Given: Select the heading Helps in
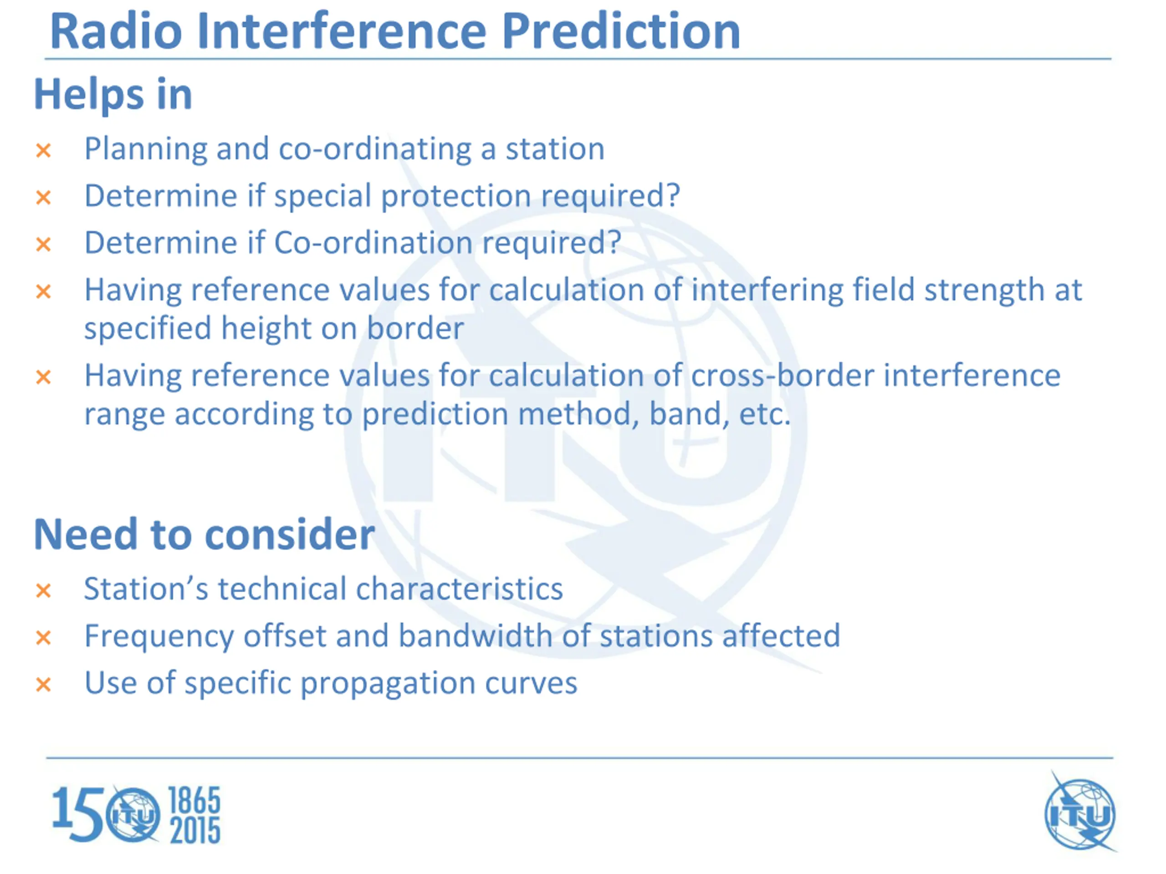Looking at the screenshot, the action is click(x=113, y=95).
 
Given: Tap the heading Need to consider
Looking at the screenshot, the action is click(x=205, y=534).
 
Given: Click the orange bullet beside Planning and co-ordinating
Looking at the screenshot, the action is click(x=43, y=151).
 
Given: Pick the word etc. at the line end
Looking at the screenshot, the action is click(x=764, y=415).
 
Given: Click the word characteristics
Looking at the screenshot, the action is click(x=459, y=589).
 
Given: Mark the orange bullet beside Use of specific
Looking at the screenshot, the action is click(x=43, y=685).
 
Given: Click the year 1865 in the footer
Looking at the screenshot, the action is click(x=194, y=801).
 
